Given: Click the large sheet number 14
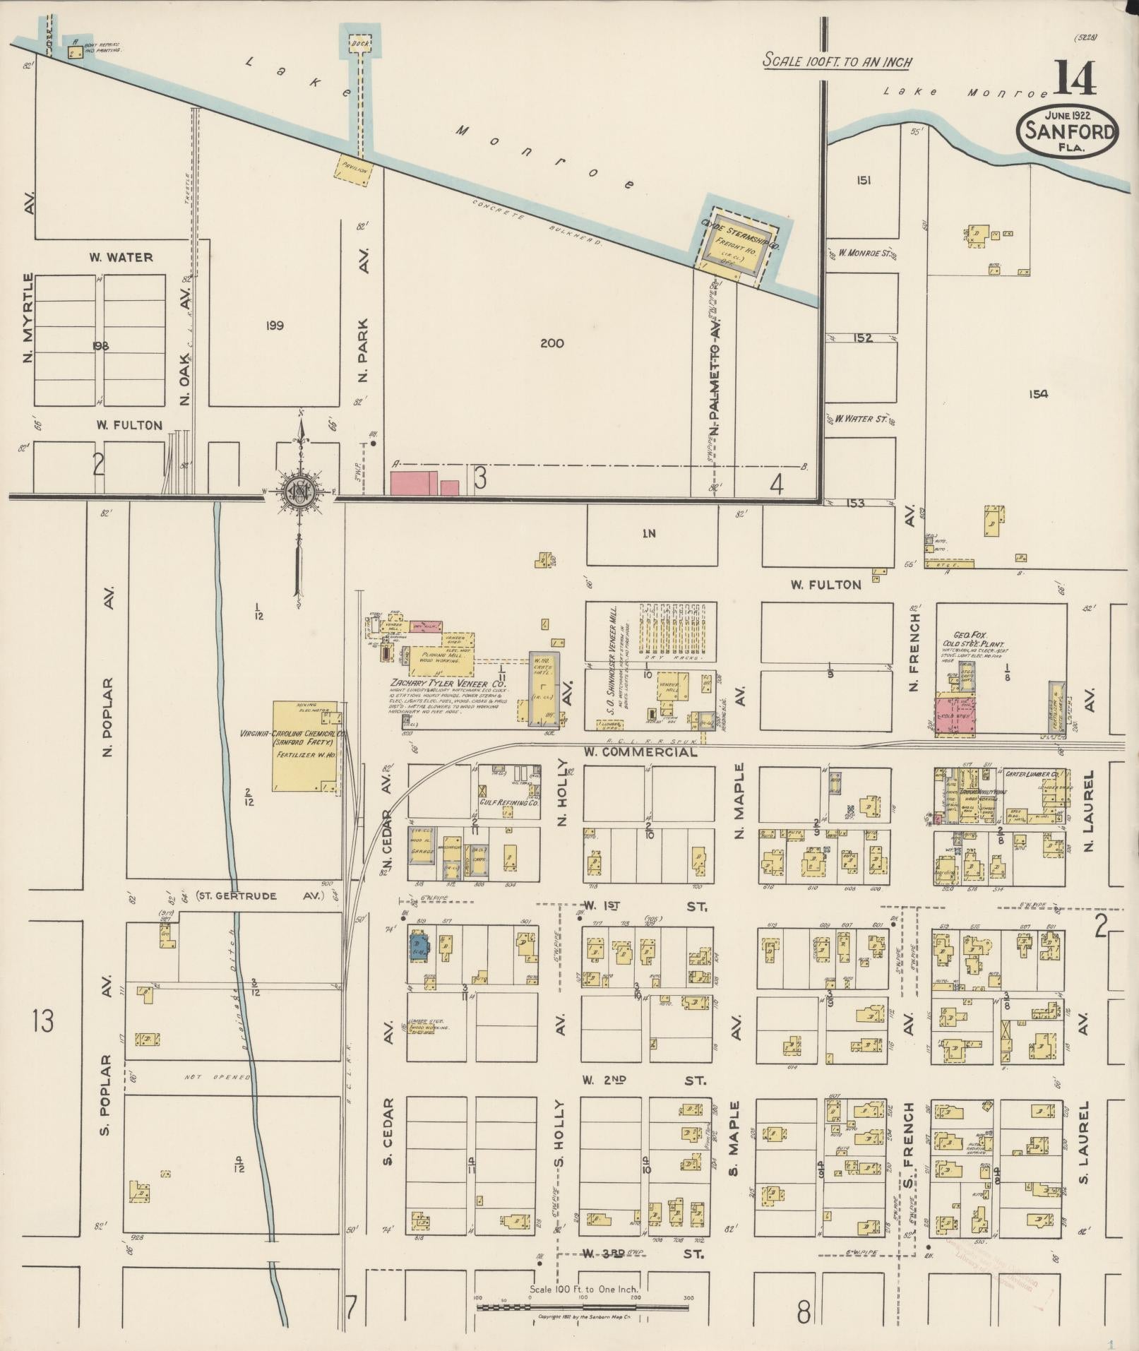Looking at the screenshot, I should [1076, 79].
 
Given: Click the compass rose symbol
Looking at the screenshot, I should [300, 489].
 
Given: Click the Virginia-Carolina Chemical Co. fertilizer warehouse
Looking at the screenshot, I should [304, 746].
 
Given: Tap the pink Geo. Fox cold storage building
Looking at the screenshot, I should [955, 715].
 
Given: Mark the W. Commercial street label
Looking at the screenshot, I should [640, 752].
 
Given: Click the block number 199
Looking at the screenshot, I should [275, 326].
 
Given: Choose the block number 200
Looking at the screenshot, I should [551, 343].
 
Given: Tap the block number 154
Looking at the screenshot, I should [1038, 394].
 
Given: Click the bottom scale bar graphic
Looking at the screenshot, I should [582, 1307].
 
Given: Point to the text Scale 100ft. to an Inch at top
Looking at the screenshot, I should [837, 61].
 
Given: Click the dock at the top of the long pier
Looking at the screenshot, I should [360, 43].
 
